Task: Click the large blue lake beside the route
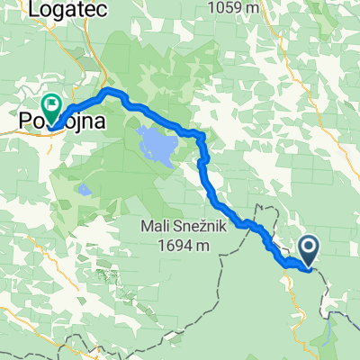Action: tap(155, 141)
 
